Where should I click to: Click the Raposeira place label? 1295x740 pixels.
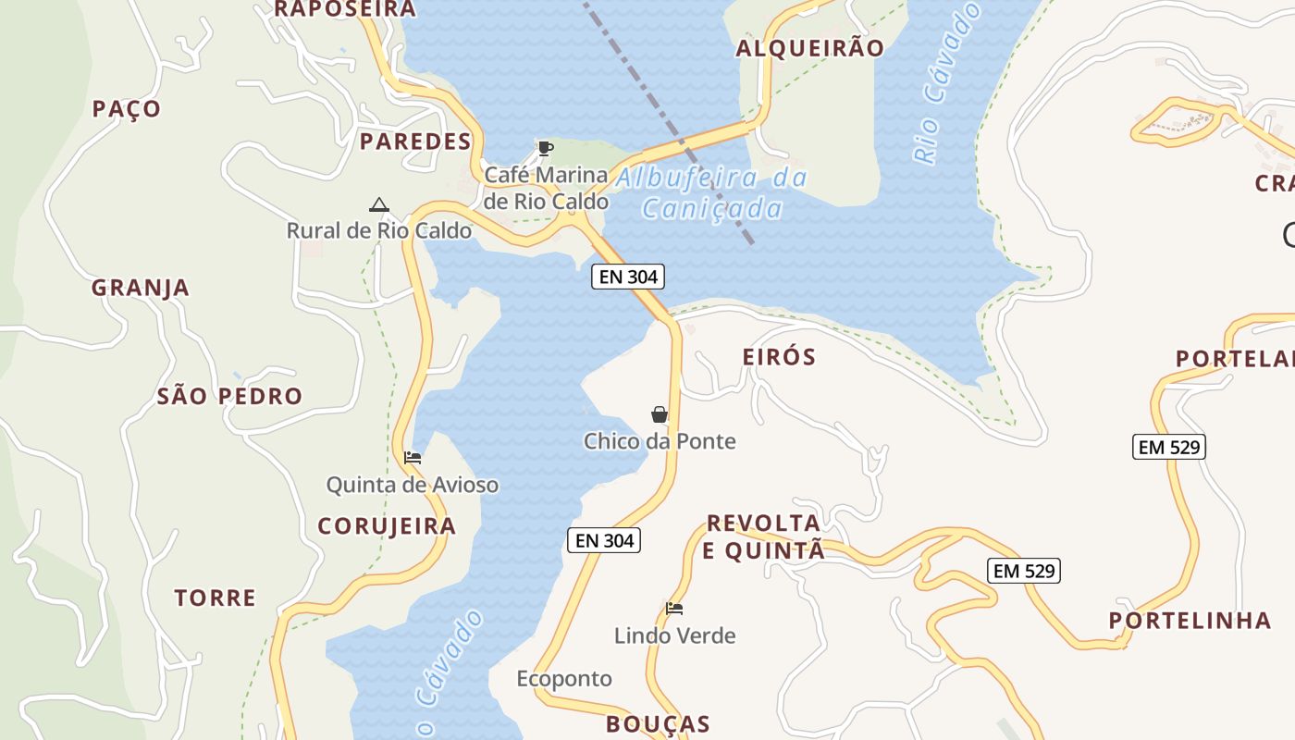(345, 9)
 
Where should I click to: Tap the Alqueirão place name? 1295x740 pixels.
(809, 48)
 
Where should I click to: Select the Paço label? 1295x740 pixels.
(127, 109)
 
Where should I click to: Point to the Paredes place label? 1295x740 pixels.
(415, 142)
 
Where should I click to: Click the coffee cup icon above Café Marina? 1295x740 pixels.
(546, 148)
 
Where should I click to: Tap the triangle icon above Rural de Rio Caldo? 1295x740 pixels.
(378, 204)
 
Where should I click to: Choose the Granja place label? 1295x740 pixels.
(141, 288)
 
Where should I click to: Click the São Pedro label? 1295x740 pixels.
(229, 397)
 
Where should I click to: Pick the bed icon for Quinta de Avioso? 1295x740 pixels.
(413, 457)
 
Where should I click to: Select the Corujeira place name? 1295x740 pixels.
(387, 526)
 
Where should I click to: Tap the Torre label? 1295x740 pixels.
(216, 598)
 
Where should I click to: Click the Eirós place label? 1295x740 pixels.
(779, 357)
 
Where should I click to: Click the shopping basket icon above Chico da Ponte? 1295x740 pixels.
(660, 414)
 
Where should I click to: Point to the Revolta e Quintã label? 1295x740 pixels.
(763, 536)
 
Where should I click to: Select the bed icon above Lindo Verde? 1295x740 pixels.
(674, 609)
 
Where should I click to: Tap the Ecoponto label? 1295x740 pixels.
(564, 679)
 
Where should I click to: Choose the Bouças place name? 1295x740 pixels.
(658, 724)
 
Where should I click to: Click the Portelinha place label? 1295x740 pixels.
(1178, 620)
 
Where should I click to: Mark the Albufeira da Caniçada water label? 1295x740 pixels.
(712, 192)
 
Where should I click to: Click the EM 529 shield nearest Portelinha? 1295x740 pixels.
(1023, 571)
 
